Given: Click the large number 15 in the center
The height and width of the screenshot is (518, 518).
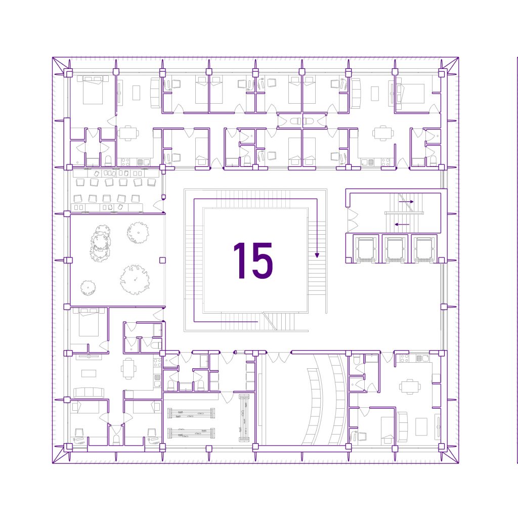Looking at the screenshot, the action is point(253,261).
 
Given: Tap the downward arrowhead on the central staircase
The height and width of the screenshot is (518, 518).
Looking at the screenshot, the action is point(317,255).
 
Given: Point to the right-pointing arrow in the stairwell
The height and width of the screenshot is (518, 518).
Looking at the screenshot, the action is point(406,201).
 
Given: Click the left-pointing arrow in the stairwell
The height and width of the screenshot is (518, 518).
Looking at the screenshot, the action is point(402,224).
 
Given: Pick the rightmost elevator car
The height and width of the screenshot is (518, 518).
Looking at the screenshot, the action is point(424,248).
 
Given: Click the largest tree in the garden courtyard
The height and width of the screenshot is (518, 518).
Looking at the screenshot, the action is point(135,279).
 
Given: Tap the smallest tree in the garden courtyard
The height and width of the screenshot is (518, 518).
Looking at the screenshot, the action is point(88,288).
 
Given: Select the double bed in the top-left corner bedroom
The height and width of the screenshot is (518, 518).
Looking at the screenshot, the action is point(93,90).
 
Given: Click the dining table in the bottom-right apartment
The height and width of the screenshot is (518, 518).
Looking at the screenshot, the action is point(410,386).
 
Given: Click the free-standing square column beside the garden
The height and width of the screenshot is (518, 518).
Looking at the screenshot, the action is point(162,261).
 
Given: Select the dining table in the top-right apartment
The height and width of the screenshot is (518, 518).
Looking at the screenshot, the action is point(383,134).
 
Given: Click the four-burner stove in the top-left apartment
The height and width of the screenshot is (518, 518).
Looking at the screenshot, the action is point(125,162).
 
